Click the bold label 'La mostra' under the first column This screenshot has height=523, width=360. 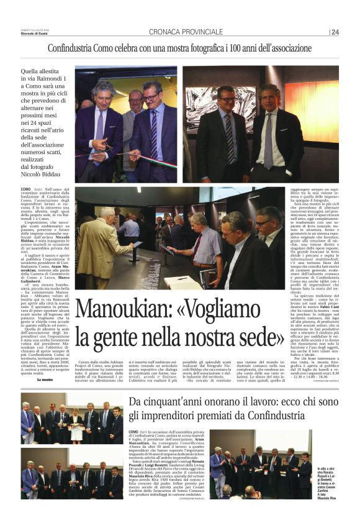pos(45,378)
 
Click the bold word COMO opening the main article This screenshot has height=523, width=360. pos(25,188)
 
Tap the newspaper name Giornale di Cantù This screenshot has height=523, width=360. pos(35,34)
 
